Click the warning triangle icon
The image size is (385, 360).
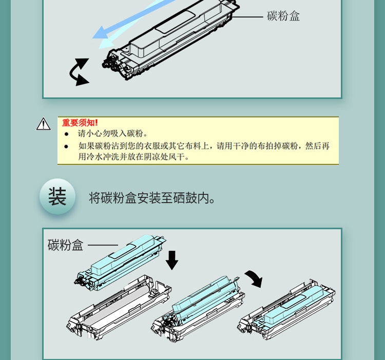(44, 124)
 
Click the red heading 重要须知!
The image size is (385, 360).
(80, 123)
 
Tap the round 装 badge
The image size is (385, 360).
(57, 196)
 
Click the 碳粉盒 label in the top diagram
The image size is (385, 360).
(283, 16)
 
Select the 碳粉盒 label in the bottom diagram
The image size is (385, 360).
(65, 245)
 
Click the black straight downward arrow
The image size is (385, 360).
(172, 260)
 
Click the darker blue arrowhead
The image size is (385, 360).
(101, 32)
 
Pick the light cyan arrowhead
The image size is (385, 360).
(106, 44)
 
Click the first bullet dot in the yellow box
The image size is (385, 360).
(66, 134)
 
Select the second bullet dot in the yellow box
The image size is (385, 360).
(66, 146)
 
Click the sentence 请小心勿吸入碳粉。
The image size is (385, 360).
(113, 133)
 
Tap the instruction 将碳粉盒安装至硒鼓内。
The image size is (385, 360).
(152, 198)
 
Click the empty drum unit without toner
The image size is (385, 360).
(119, 308)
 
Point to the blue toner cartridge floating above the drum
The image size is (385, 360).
(120, 263)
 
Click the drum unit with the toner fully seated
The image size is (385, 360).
(286, 310)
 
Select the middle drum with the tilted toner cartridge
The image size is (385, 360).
(198, 309)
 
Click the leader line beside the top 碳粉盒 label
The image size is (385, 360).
(247, 17)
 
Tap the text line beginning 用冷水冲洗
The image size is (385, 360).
(134, 156)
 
